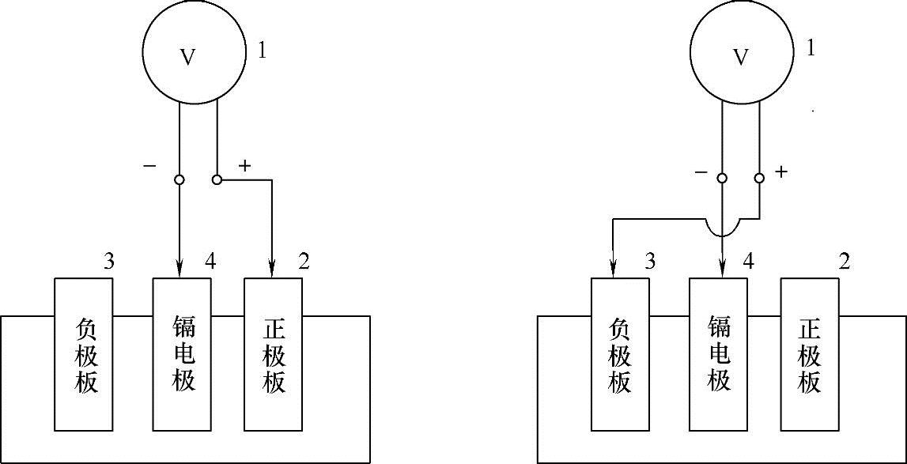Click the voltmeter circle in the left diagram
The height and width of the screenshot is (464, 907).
tap(189, 56)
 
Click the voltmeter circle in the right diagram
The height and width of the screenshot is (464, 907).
tap(741, 56)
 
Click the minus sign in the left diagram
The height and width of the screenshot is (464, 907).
tap(149, 166)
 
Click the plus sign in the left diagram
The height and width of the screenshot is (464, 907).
tap(244, 165)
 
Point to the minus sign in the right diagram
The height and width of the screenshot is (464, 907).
tap(700, 172)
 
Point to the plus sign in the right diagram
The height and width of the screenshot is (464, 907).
tap(782, 172)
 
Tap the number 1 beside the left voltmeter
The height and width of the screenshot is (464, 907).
tap(263, 51)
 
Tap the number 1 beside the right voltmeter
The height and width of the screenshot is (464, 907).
tap(811, 48)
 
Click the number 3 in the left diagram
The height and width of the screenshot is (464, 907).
tap(109, 261)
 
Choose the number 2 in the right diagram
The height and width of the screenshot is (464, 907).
tap(845, 261)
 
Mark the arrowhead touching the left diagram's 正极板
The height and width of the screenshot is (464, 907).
tap(273, 270)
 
